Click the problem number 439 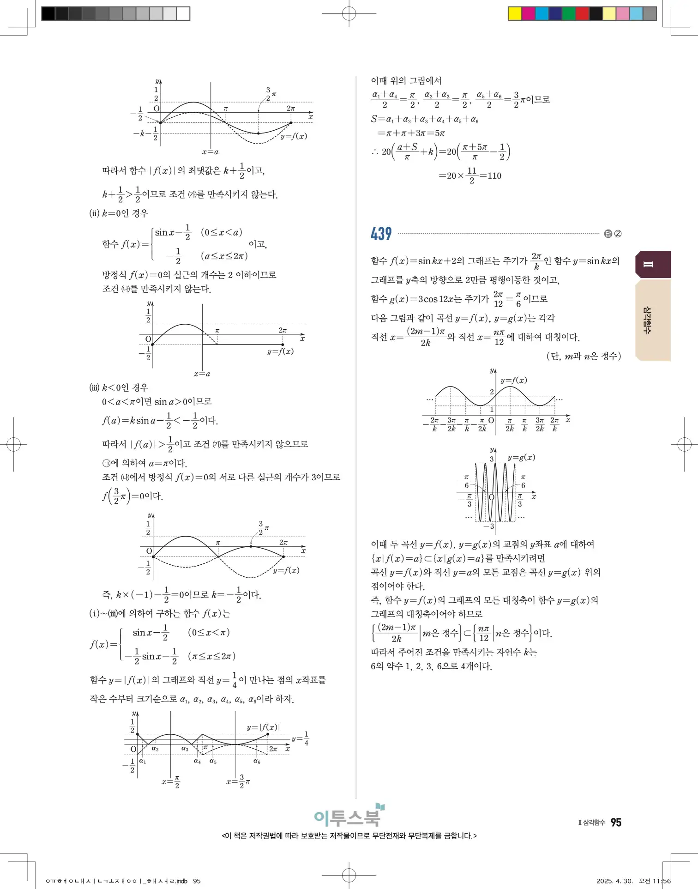(381, 234)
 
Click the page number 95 (616, 822)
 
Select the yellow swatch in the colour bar (514, 13)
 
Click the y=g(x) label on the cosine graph (521, 457)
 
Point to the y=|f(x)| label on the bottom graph (263, 727)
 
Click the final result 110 (494, 175)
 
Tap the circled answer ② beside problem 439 (618, 234)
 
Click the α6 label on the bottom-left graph (257, 761)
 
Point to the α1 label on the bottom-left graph (143, 761)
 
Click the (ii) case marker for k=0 (94, 213)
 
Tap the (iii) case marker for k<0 (94, 387)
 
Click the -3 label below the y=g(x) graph (489, 526)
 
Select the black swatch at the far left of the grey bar (48, 13)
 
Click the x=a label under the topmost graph (210, 152)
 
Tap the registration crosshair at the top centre (349, 14)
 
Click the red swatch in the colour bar (582, 13)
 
